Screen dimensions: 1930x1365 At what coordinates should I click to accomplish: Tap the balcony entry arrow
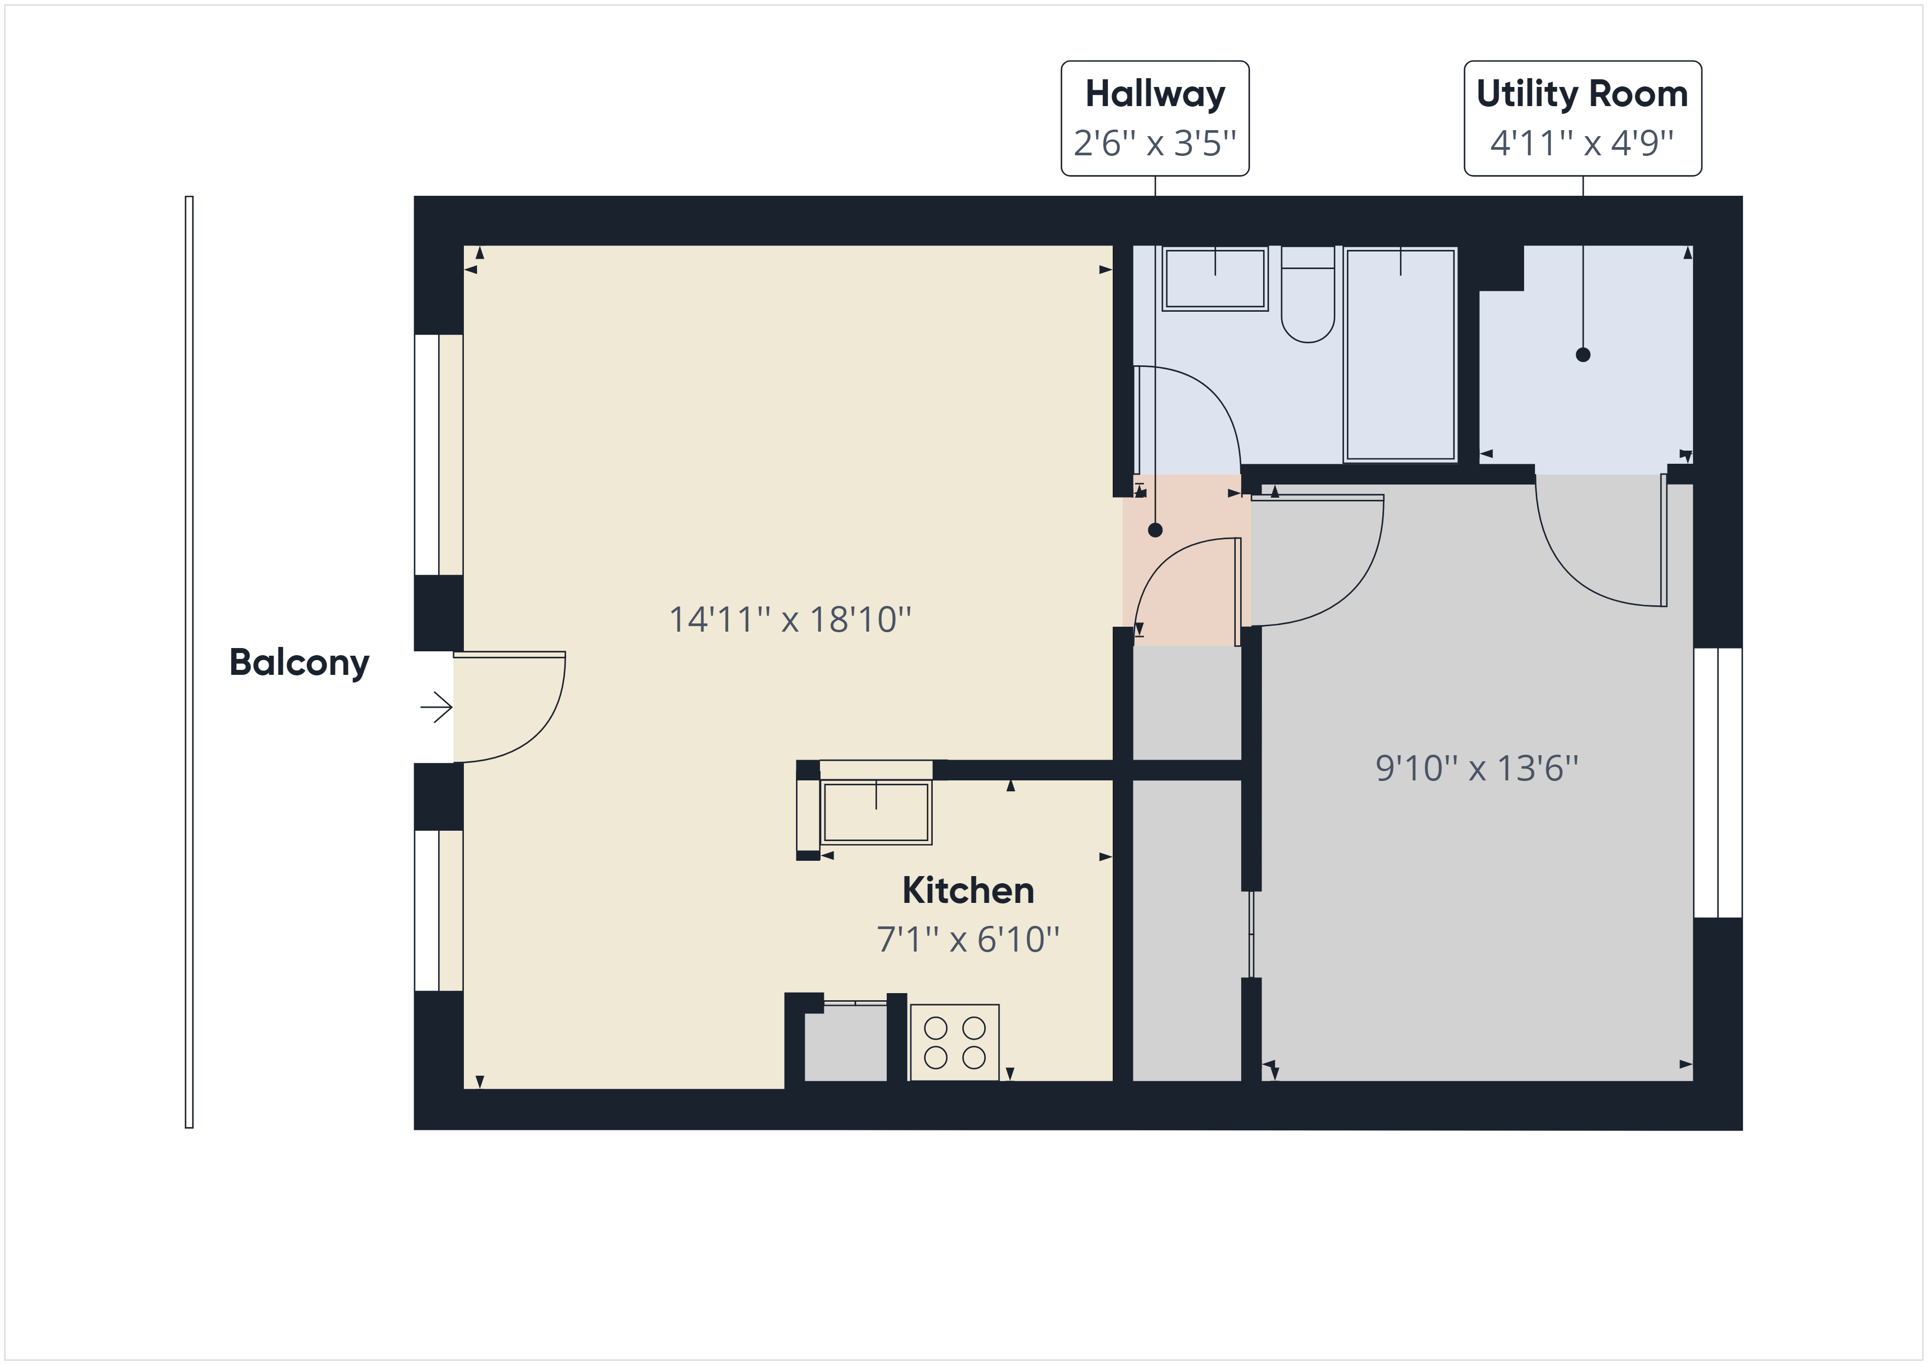pos(436,707)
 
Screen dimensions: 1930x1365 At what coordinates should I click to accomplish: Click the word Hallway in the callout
pos(1155,94)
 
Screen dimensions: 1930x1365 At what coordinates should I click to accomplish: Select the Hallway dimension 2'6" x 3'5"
pos(1155,143)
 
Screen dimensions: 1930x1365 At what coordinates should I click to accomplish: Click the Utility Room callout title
pos(1582,94)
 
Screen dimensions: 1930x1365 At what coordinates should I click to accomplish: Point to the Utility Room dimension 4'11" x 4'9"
pos(1582,143)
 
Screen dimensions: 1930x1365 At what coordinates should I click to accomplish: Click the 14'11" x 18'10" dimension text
pos(790,620)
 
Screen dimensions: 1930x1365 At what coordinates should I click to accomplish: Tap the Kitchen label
pos(968,891)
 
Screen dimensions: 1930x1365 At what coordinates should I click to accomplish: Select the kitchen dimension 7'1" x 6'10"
pos(968,940)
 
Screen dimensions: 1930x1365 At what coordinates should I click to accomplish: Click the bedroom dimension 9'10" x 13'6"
pos(1477,768)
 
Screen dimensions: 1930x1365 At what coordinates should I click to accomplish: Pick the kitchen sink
pos(876,813)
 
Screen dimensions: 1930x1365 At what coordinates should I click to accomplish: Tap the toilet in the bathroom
pos(1308,294)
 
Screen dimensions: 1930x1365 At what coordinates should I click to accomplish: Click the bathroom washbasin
pos(1214,278)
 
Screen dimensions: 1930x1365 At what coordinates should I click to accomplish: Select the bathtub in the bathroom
pos(1400,354)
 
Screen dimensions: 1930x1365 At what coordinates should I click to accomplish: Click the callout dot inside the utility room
pos(1583,355)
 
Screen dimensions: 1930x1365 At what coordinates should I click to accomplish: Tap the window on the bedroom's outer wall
pos(1717,783)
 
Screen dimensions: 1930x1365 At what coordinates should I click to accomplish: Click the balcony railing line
pos(189,662)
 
